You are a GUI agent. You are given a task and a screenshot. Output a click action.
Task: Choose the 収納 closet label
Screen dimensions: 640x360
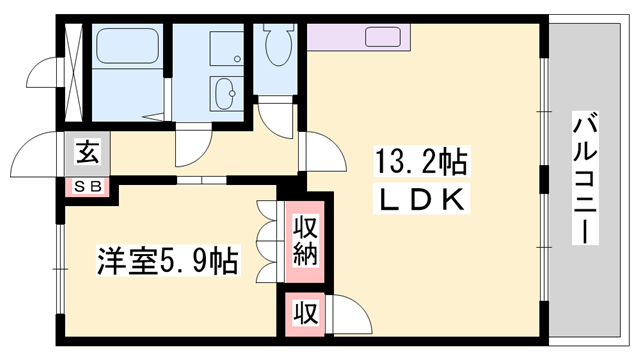coord(305,240)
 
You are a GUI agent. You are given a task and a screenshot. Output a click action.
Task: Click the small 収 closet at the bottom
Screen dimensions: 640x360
coord(304,312)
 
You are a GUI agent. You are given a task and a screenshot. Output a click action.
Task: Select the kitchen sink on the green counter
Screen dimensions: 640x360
coord(386,38)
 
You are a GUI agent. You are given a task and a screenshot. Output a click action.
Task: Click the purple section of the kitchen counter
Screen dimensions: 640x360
coord(325,37)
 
